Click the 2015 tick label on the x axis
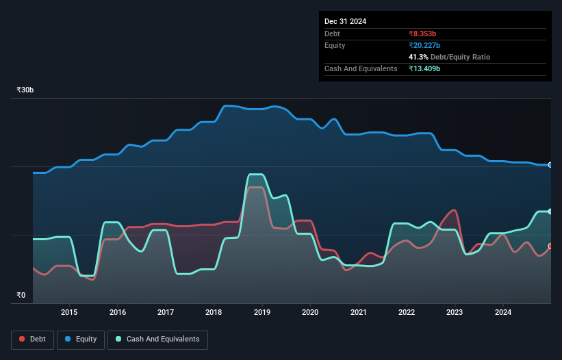(69, 313)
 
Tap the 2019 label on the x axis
(262, 313)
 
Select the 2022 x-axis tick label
(407, 313)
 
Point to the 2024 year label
(503, 313)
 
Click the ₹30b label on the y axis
(25, 90)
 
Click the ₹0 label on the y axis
(21, 296)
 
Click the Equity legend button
(81, 339)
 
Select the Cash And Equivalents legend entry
(157, 339)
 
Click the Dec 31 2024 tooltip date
(346, 21)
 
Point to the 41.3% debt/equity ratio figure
(419, 57)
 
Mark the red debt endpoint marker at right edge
(550, 246)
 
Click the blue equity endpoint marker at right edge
(550, 165)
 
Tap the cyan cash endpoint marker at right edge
(550, 211)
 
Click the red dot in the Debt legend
(23, 339)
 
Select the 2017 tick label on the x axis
(166, 313)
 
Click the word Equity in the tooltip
(335, 45)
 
